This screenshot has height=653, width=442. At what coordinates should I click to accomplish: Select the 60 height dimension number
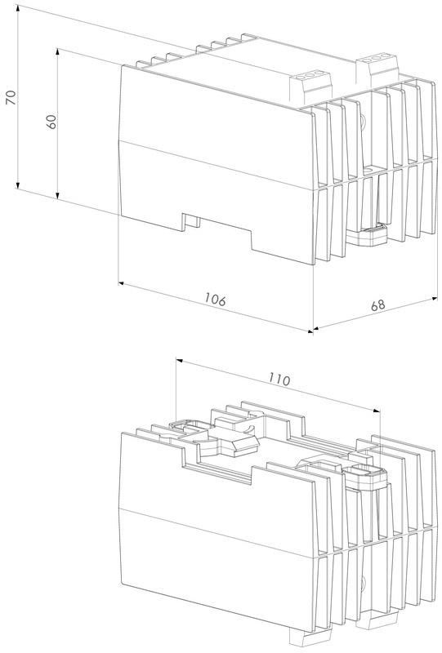tap(51, 121)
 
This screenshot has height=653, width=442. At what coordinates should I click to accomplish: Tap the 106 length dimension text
tap(215, 299)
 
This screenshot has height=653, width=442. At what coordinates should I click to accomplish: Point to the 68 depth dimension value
tap(378, 304)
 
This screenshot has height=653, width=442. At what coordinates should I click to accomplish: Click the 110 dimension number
tap(279, 379)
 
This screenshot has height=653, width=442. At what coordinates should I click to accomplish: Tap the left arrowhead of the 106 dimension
tap(123, 283)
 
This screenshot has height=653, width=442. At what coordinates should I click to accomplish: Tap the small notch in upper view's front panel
tap(192, 220)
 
